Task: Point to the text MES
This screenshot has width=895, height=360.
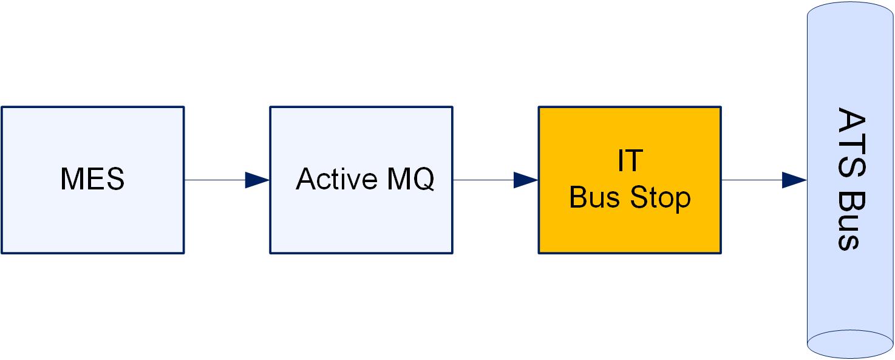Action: coord(92,180)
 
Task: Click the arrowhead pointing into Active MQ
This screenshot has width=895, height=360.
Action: coord(257,180)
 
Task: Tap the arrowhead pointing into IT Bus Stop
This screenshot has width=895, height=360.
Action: coord(525,180)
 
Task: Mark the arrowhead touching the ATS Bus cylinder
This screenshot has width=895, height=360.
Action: coord(794,180)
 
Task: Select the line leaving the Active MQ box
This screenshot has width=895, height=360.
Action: coord(483,180)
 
